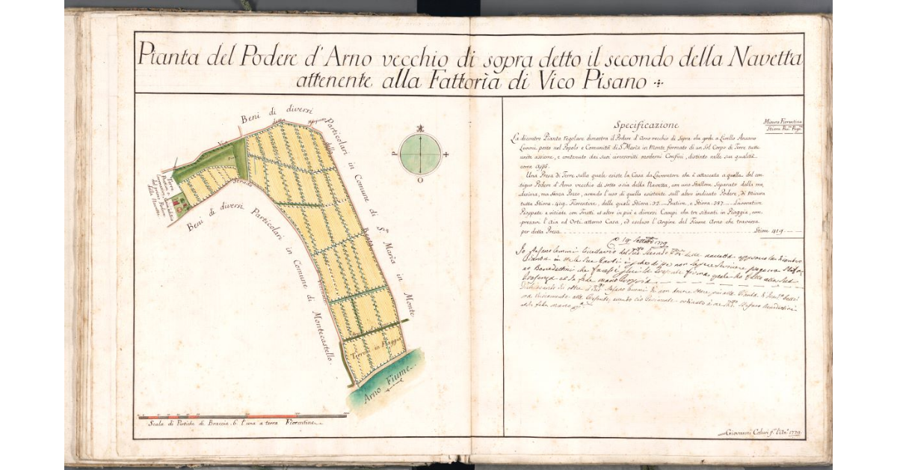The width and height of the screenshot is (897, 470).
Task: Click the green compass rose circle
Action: click(420, 154)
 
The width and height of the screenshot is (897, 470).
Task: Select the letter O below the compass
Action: click(420, 180)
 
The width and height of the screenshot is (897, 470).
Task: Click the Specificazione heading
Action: click(644, 124)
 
